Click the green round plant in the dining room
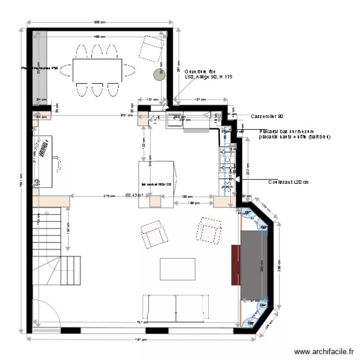click(159, 74)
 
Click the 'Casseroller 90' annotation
click(267, 117)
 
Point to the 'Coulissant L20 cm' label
click(288, 182)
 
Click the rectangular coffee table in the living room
click(178, 269)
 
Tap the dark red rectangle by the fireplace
click(235, 264)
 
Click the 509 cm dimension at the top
click(100, 22)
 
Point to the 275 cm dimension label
click(109, 196)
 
